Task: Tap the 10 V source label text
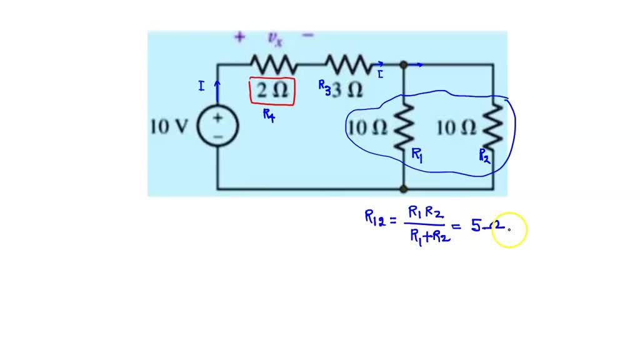click(169, 126)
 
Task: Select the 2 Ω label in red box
click(272, 91)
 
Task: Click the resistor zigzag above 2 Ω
click(273, 64)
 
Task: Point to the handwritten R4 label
click(269, 115)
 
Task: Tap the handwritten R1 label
click(417, 155)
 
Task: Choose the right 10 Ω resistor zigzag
click(493, 126)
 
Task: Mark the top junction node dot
click(404, 64)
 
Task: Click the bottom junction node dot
click(404, 188)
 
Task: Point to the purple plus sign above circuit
click(239, 37)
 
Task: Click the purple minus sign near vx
click(307, 36)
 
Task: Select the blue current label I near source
click(201, 86)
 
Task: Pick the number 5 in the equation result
click(476, 226)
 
